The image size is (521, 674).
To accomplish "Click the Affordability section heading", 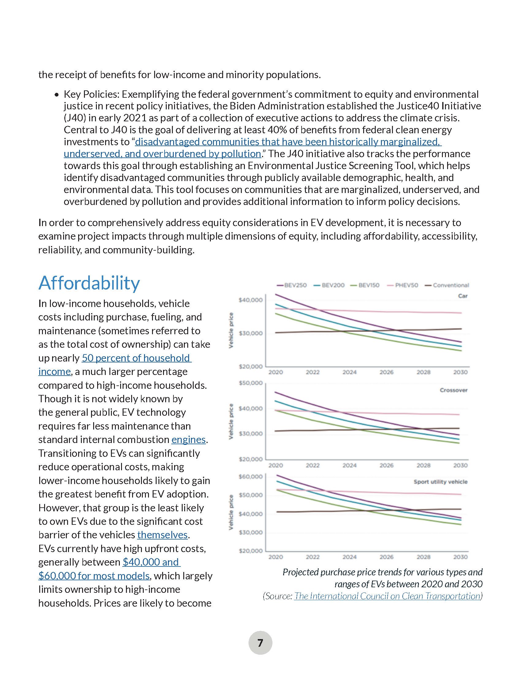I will pyautogui.click(x=89, y=283).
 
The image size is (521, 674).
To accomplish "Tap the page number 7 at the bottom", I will pyautogui.click(x=260, y=643).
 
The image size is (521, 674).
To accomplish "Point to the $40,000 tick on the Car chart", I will pyautogui.click(x=251, y=300).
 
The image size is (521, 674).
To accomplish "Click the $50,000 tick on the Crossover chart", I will pyautogui.click(x=251, y=383).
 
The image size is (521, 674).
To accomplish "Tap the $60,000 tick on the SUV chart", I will pyautogui.click(x=251, y=476).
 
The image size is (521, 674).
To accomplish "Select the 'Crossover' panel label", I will pyautogui.click(x=453, y=390).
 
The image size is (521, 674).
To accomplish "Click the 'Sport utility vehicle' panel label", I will pyautogui.click(x=440, y=482).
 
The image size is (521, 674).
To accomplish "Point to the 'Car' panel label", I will pyautogui.click(x=463, y=296).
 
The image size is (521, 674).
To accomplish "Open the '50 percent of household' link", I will pyautogui.click(x=136, y=358).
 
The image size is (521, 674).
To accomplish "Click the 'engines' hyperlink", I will pyautogui.click(x=188, y=439).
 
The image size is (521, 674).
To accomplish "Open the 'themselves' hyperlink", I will pyautogui.click(x=162, y=535).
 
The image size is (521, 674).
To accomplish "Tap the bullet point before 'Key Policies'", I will pyautogui.click(x=56, y=95).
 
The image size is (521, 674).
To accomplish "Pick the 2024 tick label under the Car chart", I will pyautogui.click(x=349, y=372).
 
